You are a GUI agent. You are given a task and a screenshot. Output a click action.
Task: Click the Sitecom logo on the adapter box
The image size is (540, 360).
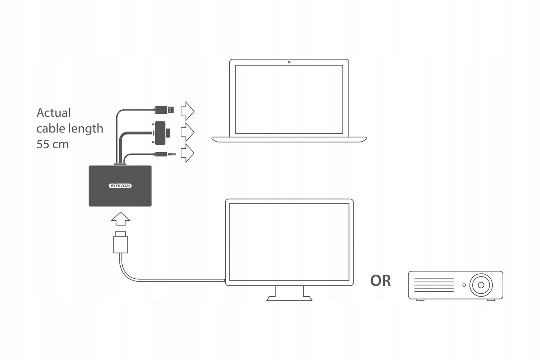pos(120,186)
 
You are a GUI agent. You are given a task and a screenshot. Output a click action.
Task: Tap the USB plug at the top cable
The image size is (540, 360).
pos(165,109)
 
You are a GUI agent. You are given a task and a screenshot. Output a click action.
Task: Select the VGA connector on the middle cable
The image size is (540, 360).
pos(161,133)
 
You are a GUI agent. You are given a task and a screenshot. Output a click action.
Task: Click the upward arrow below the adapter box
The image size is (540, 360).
pos(121,219)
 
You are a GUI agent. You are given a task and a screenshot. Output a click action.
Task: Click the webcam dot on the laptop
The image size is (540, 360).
pos(289,62)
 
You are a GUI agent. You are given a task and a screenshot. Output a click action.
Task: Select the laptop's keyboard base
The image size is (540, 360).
pos(289,139)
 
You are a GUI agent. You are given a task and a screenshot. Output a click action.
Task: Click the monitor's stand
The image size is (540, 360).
pos(289,293)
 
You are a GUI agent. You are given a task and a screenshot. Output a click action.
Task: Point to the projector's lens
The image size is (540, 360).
pos(481,285)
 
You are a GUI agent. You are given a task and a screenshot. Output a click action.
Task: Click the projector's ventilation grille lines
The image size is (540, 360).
pos(434,285)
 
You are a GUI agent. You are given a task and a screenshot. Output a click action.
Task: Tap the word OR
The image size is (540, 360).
pos(381,281)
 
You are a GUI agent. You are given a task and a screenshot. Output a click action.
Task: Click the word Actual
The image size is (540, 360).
pos(54,113)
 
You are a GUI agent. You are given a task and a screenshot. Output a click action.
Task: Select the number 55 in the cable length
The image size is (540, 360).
pos(43,144)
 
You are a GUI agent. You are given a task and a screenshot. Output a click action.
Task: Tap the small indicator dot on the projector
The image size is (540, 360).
pos(464,285)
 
